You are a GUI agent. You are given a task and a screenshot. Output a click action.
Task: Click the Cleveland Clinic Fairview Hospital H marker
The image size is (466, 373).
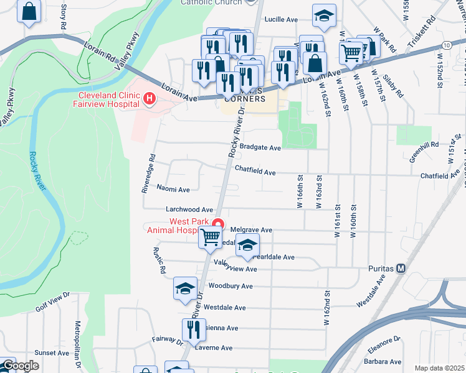tap(149, 98)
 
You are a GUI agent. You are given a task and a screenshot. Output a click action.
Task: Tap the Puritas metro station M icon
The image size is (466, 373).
tap(402, 269)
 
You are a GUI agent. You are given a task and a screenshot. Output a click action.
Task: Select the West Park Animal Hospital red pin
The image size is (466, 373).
tap(217, 224)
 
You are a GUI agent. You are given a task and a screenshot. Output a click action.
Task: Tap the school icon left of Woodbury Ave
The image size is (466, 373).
tap(185, 288)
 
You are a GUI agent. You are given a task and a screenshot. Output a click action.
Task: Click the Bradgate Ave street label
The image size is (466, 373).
tap(260, 148)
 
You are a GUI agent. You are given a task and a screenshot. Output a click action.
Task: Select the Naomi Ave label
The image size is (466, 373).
tap(173, 188)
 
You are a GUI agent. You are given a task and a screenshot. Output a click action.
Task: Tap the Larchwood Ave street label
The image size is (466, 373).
tap(189, 210)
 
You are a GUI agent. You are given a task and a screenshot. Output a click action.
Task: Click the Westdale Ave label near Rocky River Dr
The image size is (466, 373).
tap(225, 307)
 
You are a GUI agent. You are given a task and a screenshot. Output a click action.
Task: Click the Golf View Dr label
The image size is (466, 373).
tap(50, 303)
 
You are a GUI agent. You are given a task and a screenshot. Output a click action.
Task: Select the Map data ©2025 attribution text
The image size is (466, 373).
tap(439, 368)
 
